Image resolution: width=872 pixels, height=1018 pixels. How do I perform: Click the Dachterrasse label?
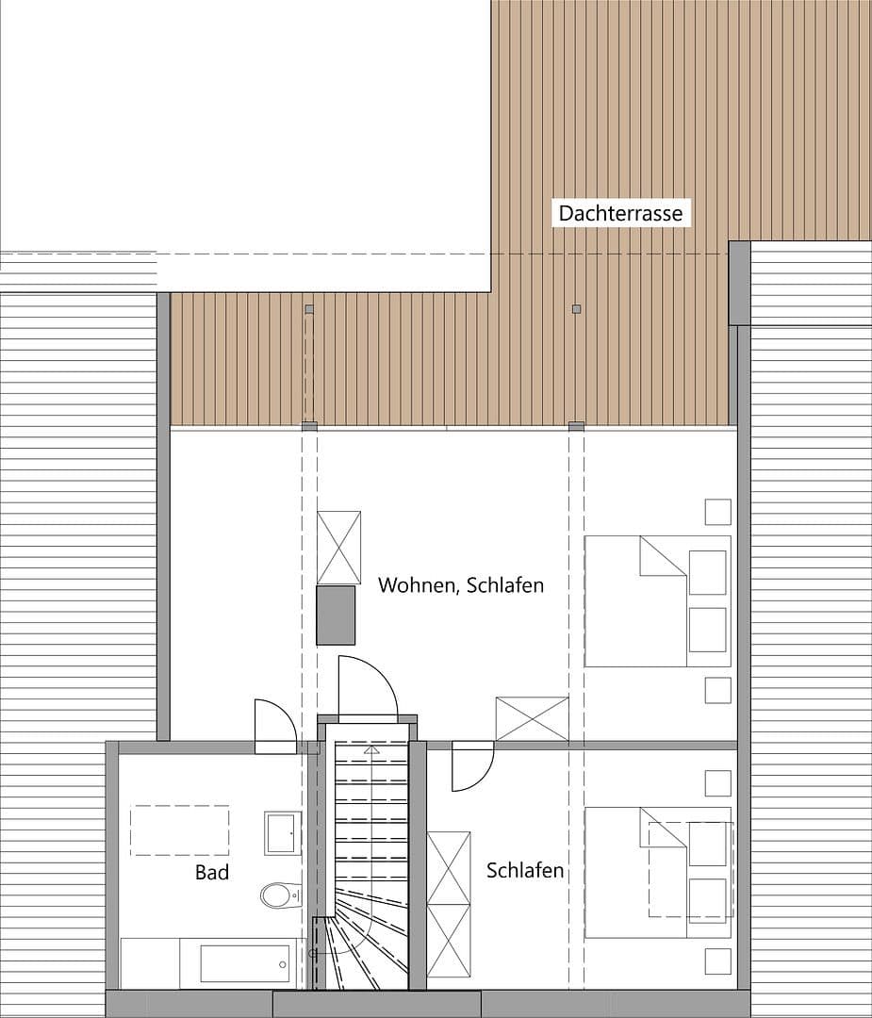click(x=620, y=213)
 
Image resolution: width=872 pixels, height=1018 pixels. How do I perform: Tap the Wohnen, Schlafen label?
click(x=461, y=585)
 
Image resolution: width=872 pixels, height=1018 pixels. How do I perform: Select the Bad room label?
click(x=212, y=872)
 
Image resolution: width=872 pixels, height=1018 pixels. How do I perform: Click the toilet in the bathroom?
click(x=281, y=895)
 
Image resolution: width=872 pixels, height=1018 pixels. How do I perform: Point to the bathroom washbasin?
click(x=283, y=833)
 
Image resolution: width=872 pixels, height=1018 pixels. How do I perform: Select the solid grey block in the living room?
click(x=336, y=616)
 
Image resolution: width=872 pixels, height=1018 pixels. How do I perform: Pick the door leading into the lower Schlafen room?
click(x=472, y=767)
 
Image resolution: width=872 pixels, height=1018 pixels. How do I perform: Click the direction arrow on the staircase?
click(x=371, y=750)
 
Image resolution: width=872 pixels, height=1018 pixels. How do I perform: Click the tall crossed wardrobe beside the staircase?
click(x=449, y=904)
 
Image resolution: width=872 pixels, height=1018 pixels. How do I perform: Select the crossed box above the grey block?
click(x=339, y=548)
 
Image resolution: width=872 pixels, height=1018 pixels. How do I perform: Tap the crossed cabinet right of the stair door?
click(x=533, y=718)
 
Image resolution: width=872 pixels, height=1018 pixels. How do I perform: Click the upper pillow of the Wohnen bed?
click(x=708, y=572)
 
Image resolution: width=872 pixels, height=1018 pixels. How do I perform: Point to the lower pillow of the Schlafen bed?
click(x=708, y=900)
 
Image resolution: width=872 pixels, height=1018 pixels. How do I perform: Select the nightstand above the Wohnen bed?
click(x=718, y=512)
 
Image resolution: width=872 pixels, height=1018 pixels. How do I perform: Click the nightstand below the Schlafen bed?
click(x=718, y=961)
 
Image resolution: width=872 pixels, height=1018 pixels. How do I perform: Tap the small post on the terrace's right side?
click(x=576, y=309)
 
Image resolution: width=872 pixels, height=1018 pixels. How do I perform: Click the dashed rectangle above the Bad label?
click(x=180, y=830)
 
